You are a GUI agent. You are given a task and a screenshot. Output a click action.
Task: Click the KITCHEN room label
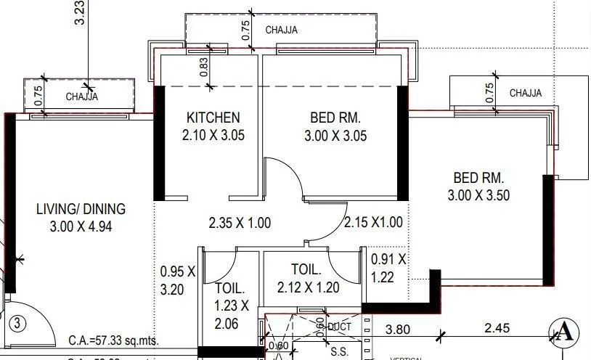click(x=213, y=118)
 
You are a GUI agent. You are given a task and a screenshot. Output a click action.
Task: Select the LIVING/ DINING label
click(x=81, y=209)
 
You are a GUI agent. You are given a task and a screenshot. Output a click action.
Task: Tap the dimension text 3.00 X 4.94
click(x=81, y=226)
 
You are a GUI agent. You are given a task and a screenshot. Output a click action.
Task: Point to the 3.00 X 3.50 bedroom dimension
click(x=478, y=195)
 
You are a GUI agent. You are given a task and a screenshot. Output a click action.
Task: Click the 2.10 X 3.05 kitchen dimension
click(x=213, y=134)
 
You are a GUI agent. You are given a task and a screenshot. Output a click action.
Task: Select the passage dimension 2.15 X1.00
click(x=373, y=223)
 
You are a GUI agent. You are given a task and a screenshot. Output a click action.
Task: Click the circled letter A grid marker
click(x=564, y=333)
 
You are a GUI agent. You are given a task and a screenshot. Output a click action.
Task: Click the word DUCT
click(x=339, y=327)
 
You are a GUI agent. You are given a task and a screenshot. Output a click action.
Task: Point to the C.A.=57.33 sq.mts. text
click(x=115, y=340)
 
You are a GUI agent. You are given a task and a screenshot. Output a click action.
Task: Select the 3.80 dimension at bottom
click(x=398, y=329)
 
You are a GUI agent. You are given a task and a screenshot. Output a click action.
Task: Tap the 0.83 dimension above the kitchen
click(x=204, y=68)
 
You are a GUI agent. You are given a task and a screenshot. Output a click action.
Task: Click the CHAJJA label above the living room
click(x=82, y=97)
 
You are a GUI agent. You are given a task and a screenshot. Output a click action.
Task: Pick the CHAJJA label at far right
click(x=525, y=93)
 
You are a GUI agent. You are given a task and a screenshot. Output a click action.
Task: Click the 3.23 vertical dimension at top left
click(x=80, y=13)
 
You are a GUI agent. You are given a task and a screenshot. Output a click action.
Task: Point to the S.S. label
click(x=338, y=351)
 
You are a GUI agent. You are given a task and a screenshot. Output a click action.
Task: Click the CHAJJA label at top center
click(x=281, y=30)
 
